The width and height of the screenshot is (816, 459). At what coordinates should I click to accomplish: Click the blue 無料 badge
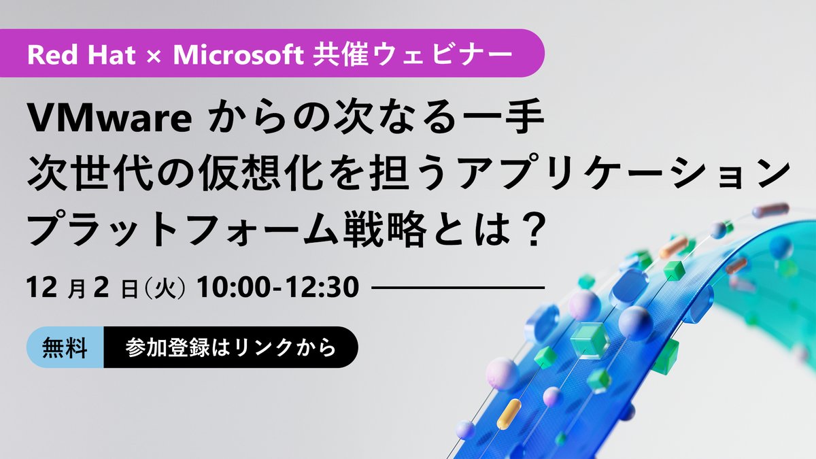tap(65, 347)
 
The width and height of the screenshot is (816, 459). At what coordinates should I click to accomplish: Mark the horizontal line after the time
tap(459, 288)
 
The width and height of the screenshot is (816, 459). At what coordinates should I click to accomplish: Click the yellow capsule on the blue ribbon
tap(509, 413)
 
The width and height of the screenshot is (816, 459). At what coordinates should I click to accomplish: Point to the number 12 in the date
tap(40, 288)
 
